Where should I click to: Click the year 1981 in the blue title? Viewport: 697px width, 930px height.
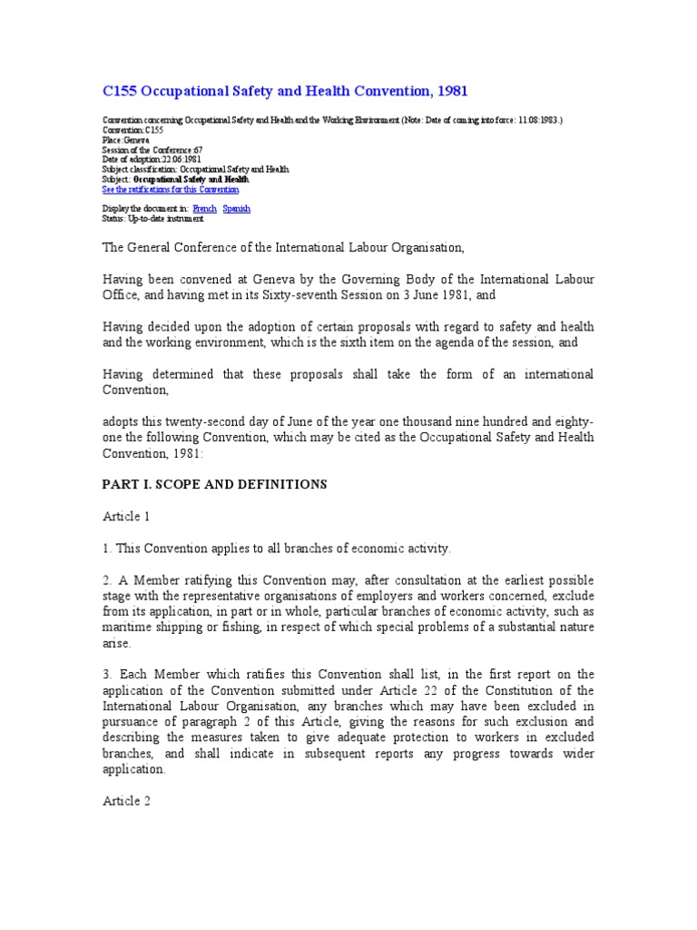(x=449, y=91)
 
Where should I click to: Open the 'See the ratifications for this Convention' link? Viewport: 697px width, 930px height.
(x=171, y=190)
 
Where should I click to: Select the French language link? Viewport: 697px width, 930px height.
(x=204, y=209)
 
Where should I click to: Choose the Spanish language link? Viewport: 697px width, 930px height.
(x=236, y=209)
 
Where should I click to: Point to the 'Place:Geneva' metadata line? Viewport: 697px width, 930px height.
(x=125, y=140)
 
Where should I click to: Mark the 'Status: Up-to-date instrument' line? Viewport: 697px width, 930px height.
(x=152, y=219)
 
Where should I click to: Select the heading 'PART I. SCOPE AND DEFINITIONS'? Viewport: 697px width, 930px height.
(x=213, y=485)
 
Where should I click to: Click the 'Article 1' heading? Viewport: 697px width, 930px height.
(x=125, y=517)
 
